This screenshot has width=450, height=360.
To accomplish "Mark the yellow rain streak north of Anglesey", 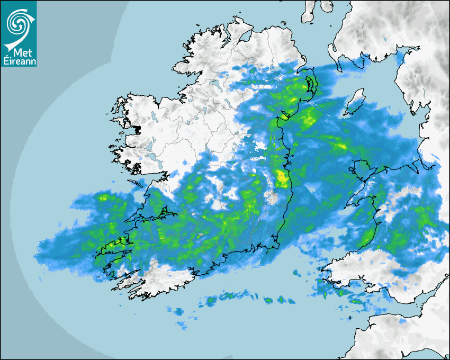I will (339, 144).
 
